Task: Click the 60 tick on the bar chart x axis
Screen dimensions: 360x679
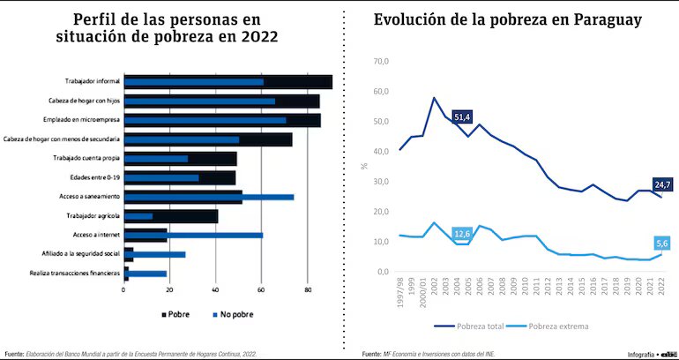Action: [261, 289]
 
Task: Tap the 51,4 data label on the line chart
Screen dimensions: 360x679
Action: [463, 116]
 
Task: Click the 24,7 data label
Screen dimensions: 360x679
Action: [662, 184]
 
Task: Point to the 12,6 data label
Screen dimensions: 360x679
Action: [462, 234]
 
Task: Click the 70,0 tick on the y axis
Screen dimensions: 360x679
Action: [381, 62]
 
